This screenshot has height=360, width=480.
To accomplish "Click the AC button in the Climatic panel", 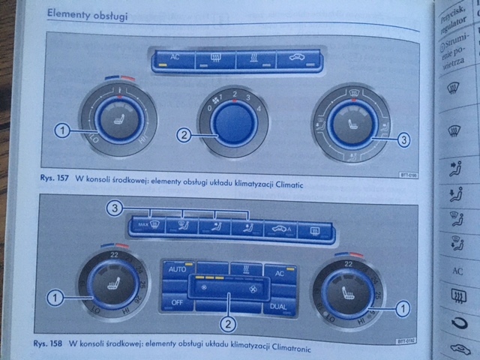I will click(x=174, y=59).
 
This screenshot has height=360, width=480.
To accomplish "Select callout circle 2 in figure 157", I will click(x=182, y=136).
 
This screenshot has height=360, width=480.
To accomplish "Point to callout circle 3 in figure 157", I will click(x=403, y=139).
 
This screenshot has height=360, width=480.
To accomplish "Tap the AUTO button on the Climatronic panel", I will click(x=177, y=269).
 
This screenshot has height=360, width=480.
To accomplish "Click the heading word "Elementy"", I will click(x=68, y=14).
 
